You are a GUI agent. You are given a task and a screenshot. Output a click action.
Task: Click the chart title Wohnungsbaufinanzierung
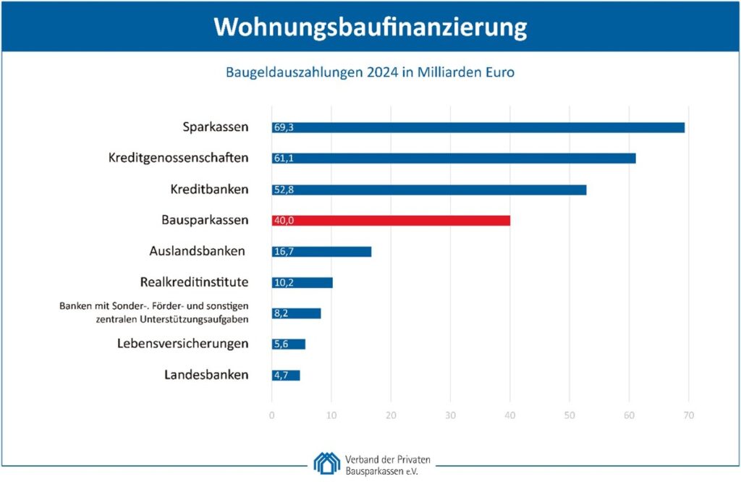point(370,27)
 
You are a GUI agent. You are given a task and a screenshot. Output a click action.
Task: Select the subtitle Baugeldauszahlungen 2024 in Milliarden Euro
point(370,73)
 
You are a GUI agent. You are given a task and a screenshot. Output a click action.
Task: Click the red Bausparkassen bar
point(391,220)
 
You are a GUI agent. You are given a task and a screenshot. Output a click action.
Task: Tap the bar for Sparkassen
point(478,127)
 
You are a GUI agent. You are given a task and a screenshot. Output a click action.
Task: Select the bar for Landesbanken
point(286,375)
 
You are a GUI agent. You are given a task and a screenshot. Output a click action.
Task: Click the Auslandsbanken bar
point(321,251)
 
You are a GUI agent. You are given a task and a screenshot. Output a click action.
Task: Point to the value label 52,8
point(283,190)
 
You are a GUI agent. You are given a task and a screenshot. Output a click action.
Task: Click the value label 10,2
point(283,282)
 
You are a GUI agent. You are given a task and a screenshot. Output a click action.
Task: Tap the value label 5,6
point(281,344)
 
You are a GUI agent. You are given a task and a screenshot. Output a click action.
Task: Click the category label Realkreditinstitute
point(194,282)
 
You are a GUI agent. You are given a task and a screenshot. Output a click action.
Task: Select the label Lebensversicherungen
point(183,344)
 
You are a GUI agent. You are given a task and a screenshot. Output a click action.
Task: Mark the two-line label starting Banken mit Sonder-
point(154,313)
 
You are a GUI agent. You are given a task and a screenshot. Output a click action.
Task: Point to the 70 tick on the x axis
point(688,415)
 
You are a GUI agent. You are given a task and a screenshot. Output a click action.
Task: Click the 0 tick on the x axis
point(272,415)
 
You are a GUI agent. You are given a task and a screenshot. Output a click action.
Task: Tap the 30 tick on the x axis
point(450,415)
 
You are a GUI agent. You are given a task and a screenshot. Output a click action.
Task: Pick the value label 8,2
point(281,313)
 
